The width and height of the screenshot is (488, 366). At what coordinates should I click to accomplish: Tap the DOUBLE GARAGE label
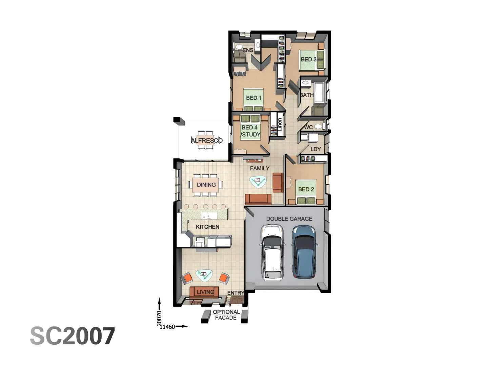(x=289, y=219)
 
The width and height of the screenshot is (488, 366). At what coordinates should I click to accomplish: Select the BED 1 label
(x=253, y=98)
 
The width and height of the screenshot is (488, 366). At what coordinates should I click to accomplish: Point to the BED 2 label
(x=306, y=189)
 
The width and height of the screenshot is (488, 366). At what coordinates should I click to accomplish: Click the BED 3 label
(x=308, y=59)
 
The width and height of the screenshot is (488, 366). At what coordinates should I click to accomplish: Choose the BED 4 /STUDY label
(x=250, y=131)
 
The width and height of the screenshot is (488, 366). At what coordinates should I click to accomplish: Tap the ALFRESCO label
(x=206, y=140)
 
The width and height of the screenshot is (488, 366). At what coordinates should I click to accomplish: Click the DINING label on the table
(x=206, y=185)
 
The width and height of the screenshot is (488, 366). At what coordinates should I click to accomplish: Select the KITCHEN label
(x=207, y=227)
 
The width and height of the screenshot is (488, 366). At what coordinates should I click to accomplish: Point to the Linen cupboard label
(x=280, y=124)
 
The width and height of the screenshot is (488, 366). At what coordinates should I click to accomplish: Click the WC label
(x=308, y=127)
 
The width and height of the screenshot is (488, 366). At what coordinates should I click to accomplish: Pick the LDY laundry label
(x=316, y=149)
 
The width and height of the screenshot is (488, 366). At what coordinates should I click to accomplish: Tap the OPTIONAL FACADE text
(x=226, y=315)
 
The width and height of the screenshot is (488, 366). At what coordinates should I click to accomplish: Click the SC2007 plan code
(x=73, y=336)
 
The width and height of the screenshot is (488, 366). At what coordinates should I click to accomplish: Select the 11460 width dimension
(x=167, y=327)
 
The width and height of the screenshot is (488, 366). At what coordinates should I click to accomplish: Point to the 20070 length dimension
(x=159, y=318)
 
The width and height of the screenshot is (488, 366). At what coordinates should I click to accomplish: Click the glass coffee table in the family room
(x=258, y=181)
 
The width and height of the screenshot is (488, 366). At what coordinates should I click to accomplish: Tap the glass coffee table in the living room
(x=204, y=275)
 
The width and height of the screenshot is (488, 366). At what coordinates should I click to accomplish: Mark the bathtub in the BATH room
(x=320, y=92)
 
